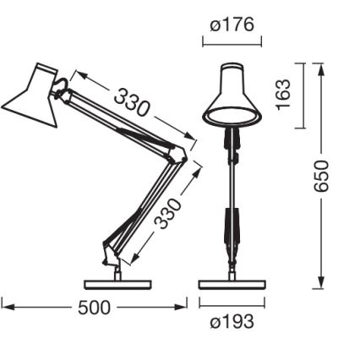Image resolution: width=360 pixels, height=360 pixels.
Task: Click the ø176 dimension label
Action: pyautogui.click(x=232, y=25)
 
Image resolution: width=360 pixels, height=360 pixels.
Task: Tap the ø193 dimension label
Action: pyautogui.click(x=232, y=322)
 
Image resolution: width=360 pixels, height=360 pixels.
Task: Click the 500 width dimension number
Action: pyautogui.click(x=94, y=308)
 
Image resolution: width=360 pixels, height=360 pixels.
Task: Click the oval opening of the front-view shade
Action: pyautogui.click(x=232, y=114)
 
